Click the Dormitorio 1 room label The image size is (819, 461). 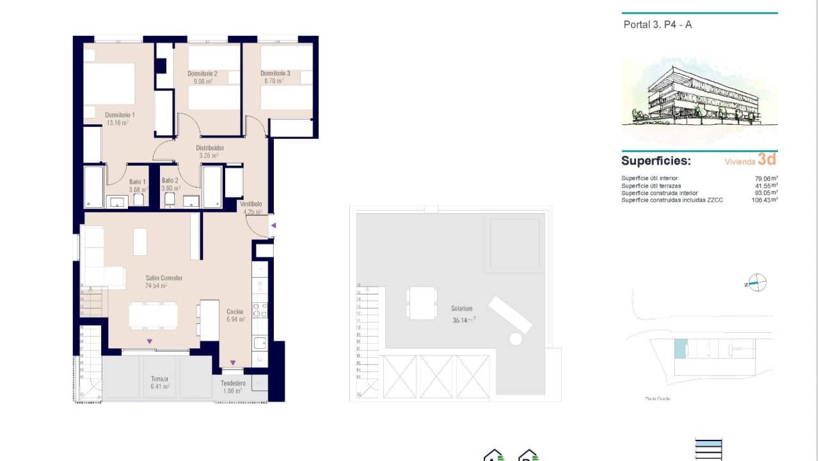click(x=120, y=115)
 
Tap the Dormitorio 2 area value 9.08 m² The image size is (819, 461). click(x=200, y=82)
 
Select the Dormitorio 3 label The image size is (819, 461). click(x=275, y=74)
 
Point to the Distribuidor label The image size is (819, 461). click(x=209, y=148)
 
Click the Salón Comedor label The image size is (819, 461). click(x=164, y=278)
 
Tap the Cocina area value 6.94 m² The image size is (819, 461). click(x=235, y=319)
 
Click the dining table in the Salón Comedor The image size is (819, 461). click(x=153, y=315)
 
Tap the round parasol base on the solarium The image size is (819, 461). click(x=515, y=339)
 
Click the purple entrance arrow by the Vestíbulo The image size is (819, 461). click(x=273, y=225)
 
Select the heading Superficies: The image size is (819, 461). click(x=656, y=161)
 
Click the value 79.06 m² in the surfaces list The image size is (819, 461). click(x=766, y=179)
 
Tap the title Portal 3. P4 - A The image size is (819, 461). click(x=658, y=25)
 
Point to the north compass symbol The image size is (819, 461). click(x=756, y=282)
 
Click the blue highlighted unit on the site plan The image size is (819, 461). click(x=680, y=349)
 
